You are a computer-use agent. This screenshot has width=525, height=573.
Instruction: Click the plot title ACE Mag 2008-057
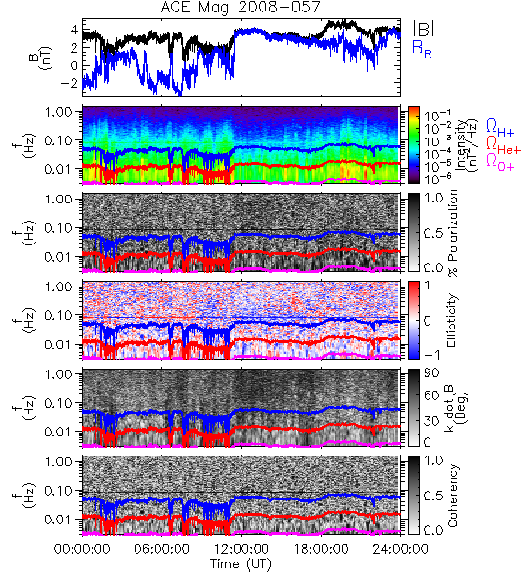coord(241,8)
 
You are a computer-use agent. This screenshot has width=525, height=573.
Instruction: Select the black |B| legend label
coord(424,29)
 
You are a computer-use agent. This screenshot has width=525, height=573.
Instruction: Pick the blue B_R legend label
coord(422,49)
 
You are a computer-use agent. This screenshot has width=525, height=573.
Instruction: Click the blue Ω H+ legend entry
coord(500,128)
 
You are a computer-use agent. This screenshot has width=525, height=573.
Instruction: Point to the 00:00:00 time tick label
coord(82,549)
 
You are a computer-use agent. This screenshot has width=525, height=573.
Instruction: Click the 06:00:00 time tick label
coord(161,549)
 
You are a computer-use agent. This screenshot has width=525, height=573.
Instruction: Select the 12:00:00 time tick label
coord(241,549)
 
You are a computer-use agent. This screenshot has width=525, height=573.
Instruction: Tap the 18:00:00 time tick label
coord(321,549)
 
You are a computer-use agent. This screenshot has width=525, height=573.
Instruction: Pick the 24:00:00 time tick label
coord(400,549)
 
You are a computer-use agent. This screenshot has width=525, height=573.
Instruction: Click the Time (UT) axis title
coord(241,563)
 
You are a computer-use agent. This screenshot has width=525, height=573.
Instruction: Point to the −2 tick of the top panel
coord(70,83)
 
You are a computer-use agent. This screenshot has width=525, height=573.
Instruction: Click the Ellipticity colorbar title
coord(452,320)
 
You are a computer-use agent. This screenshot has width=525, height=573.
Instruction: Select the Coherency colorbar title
coord(452,496)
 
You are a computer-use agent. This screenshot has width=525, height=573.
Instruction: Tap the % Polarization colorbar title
coord(453,233)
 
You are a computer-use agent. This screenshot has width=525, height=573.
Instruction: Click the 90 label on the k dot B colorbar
coord(430,372)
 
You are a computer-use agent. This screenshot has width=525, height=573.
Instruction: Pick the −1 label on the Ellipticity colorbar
coord(431,355)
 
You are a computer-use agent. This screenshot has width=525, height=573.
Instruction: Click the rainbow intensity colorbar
coord(413,145)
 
